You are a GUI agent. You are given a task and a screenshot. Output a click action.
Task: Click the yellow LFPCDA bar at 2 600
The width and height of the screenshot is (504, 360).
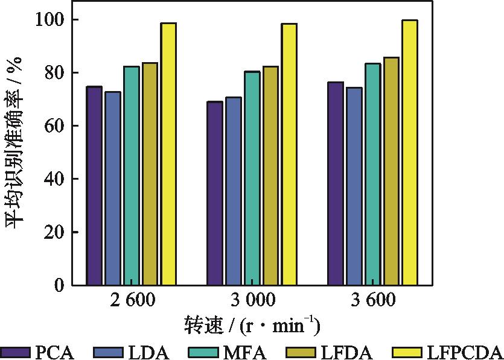168,154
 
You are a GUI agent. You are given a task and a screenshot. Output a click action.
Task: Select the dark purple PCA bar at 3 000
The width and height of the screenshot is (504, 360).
215,193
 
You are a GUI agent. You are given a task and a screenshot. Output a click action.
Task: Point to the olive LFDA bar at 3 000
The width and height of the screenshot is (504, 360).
270,175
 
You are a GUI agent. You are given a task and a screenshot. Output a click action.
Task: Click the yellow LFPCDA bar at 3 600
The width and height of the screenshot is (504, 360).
410,152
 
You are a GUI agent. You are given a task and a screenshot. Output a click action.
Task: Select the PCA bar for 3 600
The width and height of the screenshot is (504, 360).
336,183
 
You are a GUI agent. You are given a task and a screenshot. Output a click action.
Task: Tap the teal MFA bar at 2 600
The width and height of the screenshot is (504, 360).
132,175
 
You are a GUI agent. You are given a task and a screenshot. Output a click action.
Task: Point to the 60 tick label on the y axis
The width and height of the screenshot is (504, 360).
52,126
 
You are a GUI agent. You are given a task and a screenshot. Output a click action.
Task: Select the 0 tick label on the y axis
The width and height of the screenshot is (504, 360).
59,285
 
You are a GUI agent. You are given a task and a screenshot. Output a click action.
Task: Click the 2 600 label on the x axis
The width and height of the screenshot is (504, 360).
131,300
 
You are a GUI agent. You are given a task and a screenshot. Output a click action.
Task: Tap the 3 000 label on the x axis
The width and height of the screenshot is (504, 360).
252,300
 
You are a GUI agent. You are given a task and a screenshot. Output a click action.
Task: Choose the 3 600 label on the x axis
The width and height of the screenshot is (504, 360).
372,300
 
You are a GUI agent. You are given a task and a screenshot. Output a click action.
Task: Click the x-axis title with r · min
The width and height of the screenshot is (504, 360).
252,326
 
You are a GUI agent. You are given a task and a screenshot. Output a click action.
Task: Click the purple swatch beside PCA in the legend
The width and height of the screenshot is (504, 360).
15,352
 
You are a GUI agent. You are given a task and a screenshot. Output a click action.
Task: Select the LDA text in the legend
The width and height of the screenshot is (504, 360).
148,352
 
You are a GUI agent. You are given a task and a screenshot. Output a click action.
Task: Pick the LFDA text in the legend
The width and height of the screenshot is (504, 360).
350,352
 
